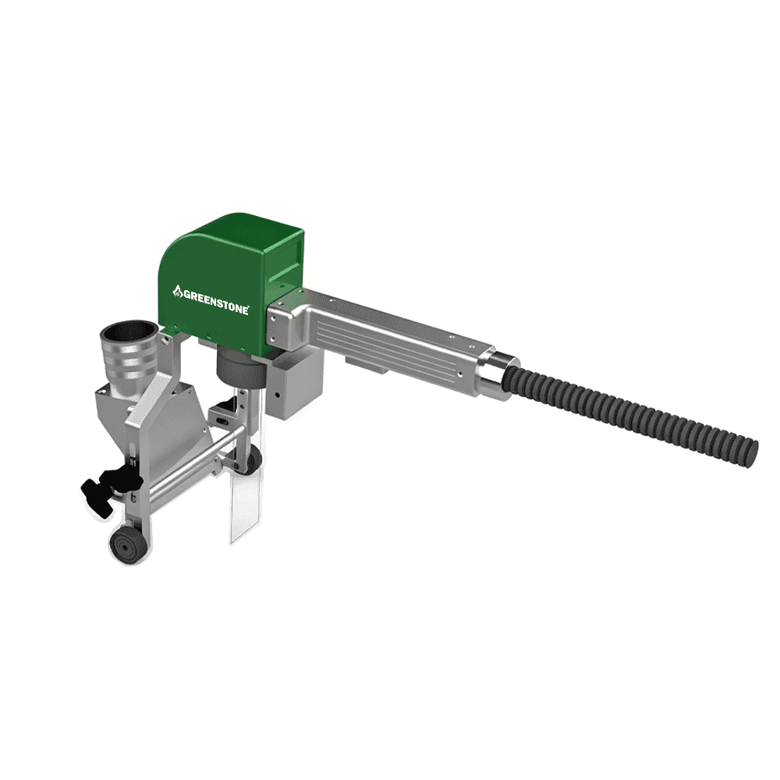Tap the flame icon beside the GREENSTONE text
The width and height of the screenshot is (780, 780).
[x=177, y=292]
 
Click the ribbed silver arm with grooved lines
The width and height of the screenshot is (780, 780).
[x=390, y=339]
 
